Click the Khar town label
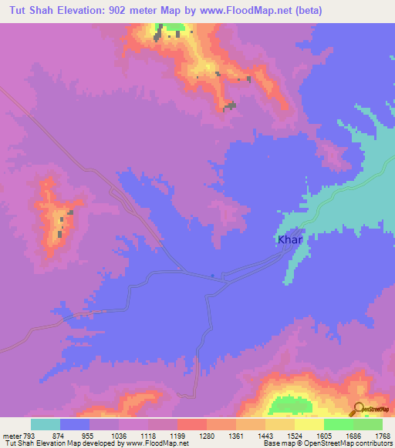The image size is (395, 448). click(290, 240)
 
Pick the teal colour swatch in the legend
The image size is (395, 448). click(46, 424)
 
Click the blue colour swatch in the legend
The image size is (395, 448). click(75, 424)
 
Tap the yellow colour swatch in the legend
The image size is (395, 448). click(309, 424)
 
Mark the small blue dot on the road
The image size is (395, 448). click(212, 276)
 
